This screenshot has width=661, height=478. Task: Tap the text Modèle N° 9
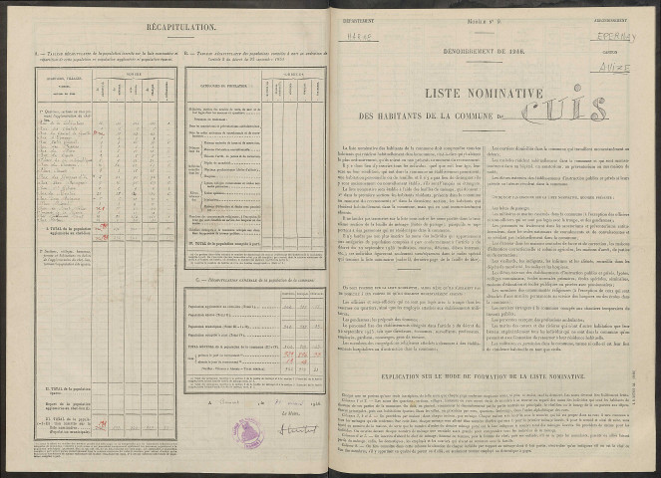click(x=503, y=17)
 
